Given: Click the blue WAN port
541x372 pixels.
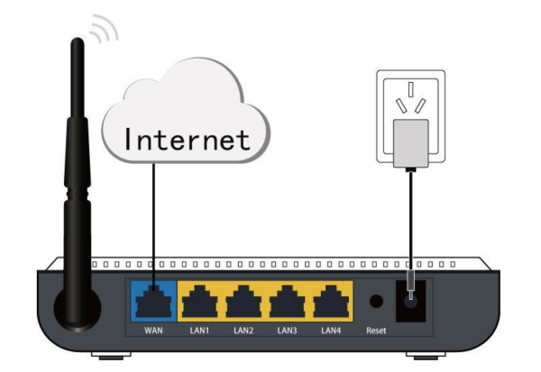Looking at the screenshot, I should pos(154,302).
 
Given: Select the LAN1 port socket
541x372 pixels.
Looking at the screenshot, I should pos(198,302).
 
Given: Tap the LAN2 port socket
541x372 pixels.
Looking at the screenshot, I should pos(243,302).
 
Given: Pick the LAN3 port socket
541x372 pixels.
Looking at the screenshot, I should pos(287,302).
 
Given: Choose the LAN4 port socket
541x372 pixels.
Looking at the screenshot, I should pos(331,302).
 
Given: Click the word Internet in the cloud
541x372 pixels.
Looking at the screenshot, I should pos(186,140).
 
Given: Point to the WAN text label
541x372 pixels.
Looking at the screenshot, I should pos(153,331).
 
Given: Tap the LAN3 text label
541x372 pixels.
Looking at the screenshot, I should pos(287,331).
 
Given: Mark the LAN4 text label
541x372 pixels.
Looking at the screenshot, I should pos(331,331).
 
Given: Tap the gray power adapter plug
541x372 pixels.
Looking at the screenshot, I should pos(408,145).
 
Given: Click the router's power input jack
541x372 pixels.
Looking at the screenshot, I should pos(411,304).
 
